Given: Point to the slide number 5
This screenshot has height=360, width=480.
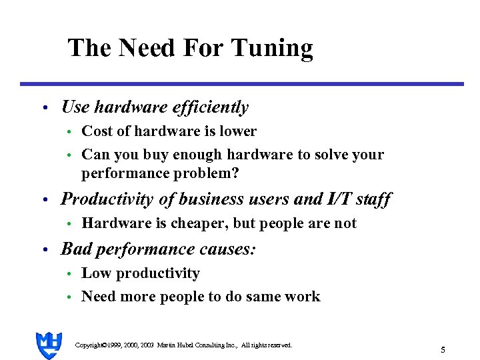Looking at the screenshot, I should (443, 349).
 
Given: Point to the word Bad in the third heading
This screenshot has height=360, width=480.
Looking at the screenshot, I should (74, 249).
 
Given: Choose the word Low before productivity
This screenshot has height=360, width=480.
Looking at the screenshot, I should (95, 273).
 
